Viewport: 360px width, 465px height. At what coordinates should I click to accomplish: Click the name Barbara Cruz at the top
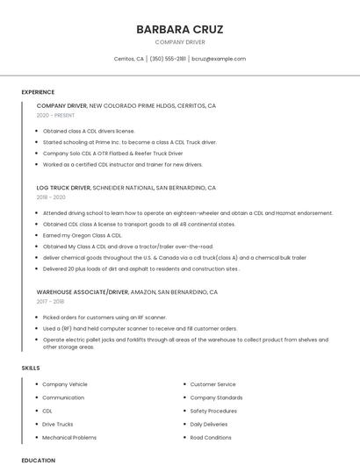tap(179, 29)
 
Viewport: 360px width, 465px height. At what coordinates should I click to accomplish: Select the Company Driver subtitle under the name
tap(179, 42)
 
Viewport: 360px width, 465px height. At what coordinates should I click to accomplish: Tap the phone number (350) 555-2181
tap(168, 59)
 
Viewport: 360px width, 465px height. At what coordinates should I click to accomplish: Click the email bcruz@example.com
tap(219, 59)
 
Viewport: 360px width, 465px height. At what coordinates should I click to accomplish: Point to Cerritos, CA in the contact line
tap(129, 59)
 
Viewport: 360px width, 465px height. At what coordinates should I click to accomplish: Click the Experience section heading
tap(38, 92)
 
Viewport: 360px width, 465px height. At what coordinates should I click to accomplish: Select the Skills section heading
tap(31, 368)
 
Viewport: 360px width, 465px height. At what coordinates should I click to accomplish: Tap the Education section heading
tap(38, 460)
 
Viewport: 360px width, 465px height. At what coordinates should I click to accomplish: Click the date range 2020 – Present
tap(56, 115)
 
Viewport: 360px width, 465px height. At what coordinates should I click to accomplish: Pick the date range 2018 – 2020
tap(52, 197)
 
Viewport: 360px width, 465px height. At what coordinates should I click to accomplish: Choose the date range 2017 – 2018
tap(52, 301)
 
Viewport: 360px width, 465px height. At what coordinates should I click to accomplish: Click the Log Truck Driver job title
tap(63, 188)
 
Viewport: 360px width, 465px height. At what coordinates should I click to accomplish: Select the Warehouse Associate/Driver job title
tap(83, 291)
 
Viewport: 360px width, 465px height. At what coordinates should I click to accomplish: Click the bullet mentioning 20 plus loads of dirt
tap(140, 268)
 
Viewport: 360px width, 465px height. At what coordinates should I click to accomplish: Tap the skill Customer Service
tap(212, 384)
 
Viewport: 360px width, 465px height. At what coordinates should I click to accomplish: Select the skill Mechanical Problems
tap(69, 437)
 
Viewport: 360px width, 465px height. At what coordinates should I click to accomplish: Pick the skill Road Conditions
tap(211, 437)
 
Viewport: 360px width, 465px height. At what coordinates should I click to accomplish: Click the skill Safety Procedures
tap(213, 411)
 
